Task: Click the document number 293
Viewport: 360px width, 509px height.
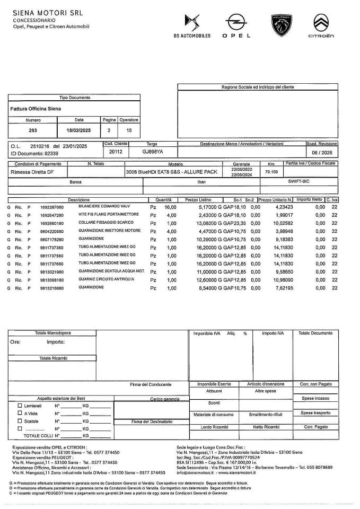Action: [x=33, y=130]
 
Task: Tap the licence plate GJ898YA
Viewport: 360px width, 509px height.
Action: [x=153, y=151]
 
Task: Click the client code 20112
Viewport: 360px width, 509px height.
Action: [x=116, y=151]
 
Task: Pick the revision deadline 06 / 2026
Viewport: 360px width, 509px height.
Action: [x=321, y=151]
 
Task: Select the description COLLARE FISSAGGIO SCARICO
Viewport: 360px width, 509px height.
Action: [x=106, y=223]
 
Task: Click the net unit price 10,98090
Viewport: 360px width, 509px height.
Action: [x=282, y=279]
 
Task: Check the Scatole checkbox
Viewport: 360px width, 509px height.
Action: [x=20, y=420]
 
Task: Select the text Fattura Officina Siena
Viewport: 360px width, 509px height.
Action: [x=36, y=109]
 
